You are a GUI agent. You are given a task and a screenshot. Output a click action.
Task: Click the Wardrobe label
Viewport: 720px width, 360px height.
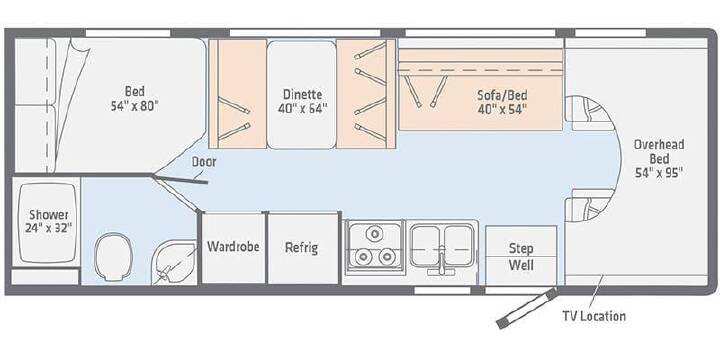(233, 247)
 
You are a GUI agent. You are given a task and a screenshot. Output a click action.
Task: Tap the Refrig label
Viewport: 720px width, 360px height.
(301, 248)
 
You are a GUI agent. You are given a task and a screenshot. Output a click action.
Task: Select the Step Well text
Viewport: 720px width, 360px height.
(521, 257)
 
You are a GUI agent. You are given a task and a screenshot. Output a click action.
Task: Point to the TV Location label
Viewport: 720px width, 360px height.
(594, 316)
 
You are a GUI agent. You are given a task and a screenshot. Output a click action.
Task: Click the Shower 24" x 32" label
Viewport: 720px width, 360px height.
(49, 221)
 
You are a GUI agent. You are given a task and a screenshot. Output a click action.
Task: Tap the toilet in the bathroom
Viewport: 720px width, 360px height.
(112, 256)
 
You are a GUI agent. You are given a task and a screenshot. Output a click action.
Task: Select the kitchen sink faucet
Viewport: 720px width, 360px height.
(441, 263)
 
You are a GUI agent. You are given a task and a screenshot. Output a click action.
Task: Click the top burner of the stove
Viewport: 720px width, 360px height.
(375, 234)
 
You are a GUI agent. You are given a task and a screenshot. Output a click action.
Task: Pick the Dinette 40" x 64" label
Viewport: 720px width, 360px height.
(302, 101)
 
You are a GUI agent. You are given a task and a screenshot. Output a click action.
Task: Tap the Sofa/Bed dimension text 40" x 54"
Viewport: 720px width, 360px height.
(502, 110)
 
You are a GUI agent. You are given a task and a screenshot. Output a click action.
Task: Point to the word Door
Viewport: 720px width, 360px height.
(203, 162)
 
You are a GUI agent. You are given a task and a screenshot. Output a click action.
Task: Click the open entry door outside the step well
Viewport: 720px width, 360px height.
(527, 308)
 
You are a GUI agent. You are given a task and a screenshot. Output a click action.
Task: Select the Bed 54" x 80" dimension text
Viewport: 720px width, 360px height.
(134, 106)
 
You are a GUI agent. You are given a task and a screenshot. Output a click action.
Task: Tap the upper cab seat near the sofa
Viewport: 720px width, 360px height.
(588, 113)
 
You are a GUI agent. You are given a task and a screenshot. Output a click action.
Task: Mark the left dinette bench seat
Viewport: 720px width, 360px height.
(238, 94)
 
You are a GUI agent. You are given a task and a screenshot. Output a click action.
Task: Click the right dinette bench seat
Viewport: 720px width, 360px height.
(366, 94)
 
